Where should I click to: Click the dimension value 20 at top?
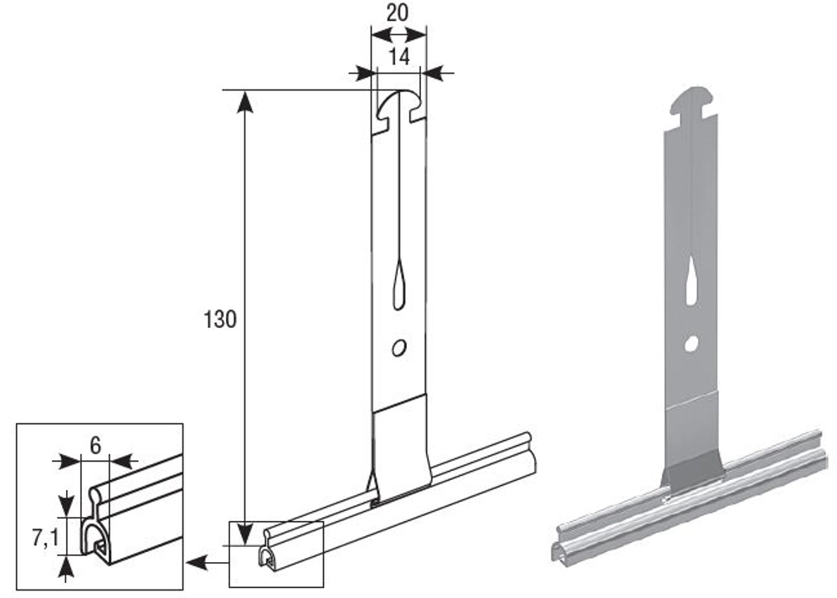tap(398, 13)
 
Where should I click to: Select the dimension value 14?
tap(398, 56)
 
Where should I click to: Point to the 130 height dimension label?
tap(219, 319)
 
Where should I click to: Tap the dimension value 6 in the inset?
tap(95, 445)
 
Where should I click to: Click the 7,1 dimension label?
tap(45, 539)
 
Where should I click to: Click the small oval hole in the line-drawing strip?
tap(398, 348)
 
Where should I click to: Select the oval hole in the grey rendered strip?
tap(692, 343)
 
